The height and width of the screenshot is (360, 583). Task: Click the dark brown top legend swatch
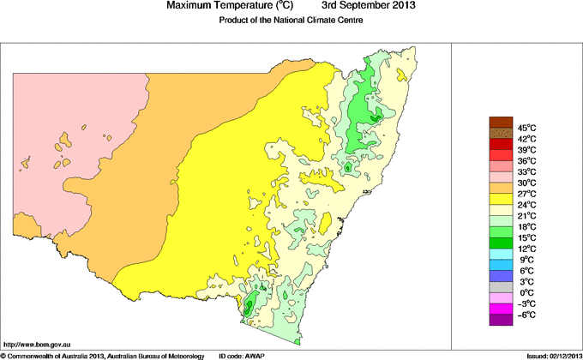click(x=500, y=122)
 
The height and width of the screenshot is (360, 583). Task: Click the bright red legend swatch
click(x=500, y=155)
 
